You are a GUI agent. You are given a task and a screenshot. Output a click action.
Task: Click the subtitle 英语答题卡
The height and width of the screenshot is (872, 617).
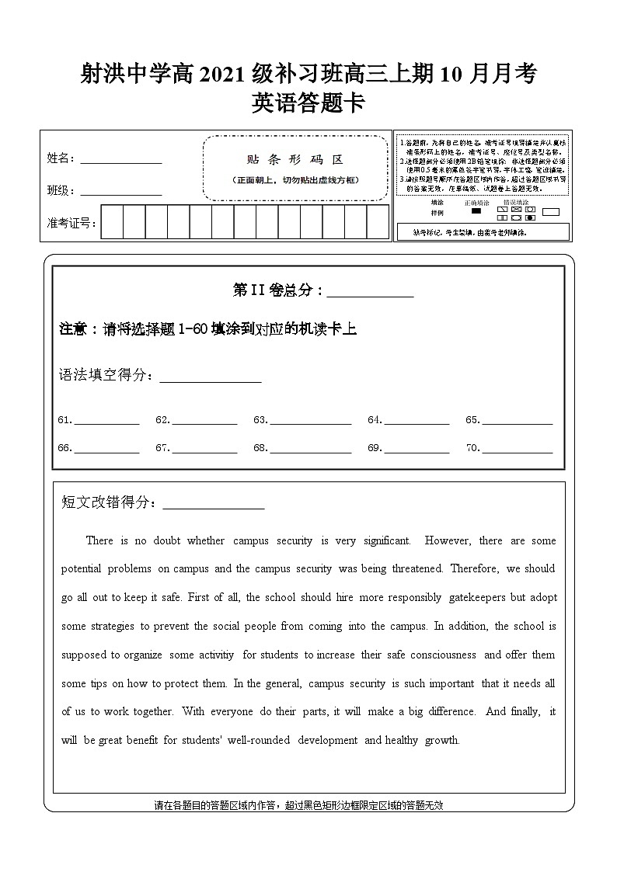click(x=308, y=103)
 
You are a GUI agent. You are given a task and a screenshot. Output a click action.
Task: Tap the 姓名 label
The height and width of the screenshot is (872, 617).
click(x=59, y=158)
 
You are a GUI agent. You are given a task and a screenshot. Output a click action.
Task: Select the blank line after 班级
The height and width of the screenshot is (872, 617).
click(x=121, y=192)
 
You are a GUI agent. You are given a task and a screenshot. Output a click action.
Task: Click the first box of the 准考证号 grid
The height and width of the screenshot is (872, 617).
click(x=112, y=222)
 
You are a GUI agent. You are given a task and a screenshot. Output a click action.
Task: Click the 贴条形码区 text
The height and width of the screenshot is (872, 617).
click(x=295, y=160)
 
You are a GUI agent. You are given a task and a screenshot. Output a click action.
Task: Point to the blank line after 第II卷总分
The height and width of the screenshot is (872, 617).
click(x=370, y=292)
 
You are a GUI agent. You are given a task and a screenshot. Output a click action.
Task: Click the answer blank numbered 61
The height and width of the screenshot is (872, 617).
click(x=106, y=421)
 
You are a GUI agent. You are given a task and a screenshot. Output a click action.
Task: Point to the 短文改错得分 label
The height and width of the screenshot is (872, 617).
click(x=108, y=502)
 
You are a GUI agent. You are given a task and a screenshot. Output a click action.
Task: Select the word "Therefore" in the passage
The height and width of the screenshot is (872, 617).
click(x=474, y=568)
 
